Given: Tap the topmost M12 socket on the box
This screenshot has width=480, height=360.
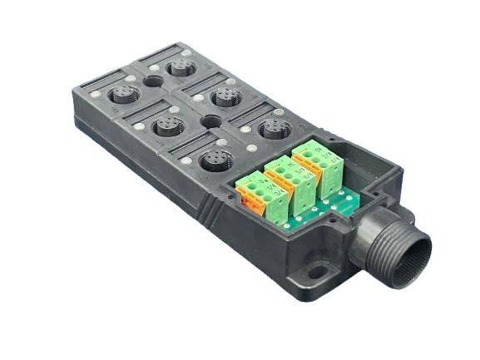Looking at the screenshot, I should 181,66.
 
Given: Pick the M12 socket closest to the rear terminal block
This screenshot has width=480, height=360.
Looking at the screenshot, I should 272,128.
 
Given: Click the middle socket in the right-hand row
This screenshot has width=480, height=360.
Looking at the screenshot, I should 226,97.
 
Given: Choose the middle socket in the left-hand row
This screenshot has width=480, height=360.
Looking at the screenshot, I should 170,126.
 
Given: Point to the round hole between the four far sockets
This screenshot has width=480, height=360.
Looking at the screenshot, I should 154,82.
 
